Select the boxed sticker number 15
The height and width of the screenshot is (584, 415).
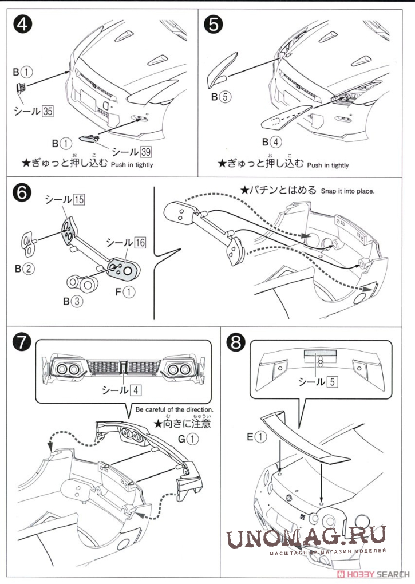(79, 200)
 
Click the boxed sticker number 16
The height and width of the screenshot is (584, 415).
(140, 242)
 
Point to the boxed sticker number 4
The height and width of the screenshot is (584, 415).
(135, 390)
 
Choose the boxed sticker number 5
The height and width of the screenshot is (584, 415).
(331, 381)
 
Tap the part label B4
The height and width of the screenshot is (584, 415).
(272, 143)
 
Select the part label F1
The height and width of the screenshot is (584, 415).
(127, 292)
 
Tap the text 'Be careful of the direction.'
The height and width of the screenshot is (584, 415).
(175, 410)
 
